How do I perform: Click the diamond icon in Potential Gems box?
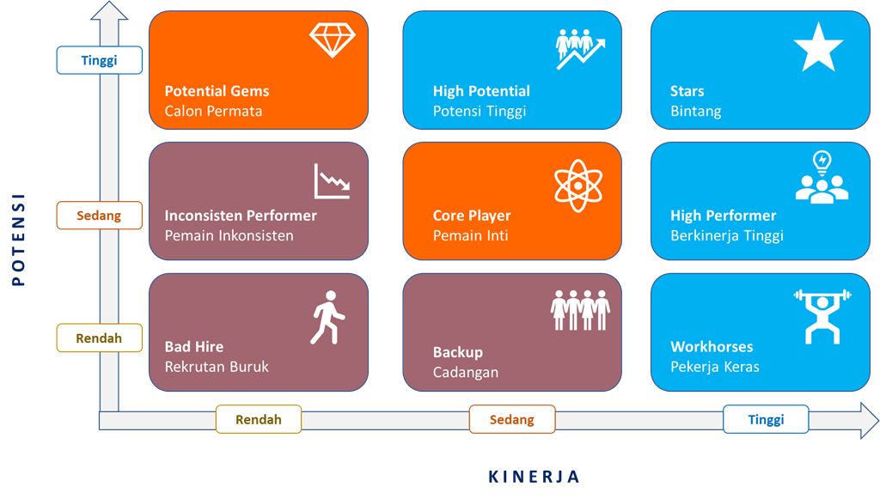coord(333,40)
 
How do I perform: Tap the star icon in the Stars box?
coord(818,47)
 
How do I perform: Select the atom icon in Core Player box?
coord(578,186)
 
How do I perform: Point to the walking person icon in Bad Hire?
coord(327,317)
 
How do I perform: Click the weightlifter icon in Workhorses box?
coord(822,316)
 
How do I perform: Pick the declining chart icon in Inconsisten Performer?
coord(333,181)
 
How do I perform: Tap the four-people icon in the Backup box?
coord(580,310)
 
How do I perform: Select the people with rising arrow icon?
coord(580,49)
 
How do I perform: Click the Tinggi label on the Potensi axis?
coord(100,60)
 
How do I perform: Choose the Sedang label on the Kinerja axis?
coord(512,419)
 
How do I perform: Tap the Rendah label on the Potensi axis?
coord(100,338)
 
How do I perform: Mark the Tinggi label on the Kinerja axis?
coord(766,419)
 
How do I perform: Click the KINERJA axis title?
coord(534,477)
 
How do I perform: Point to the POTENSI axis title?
coord(19,240)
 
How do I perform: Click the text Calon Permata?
coord(213,111)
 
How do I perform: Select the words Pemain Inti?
coord(470,235)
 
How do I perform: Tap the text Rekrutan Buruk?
coord(217,367)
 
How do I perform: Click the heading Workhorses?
coord(712,346)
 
